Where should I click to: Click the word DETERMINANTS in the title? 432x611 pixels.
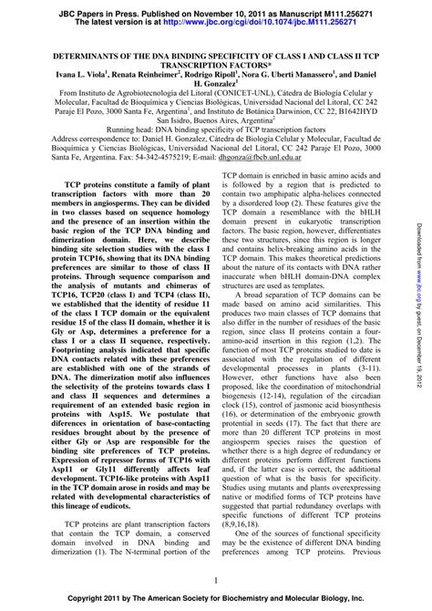68,56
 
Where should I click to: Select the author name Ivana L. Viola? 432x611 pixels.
60,73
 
